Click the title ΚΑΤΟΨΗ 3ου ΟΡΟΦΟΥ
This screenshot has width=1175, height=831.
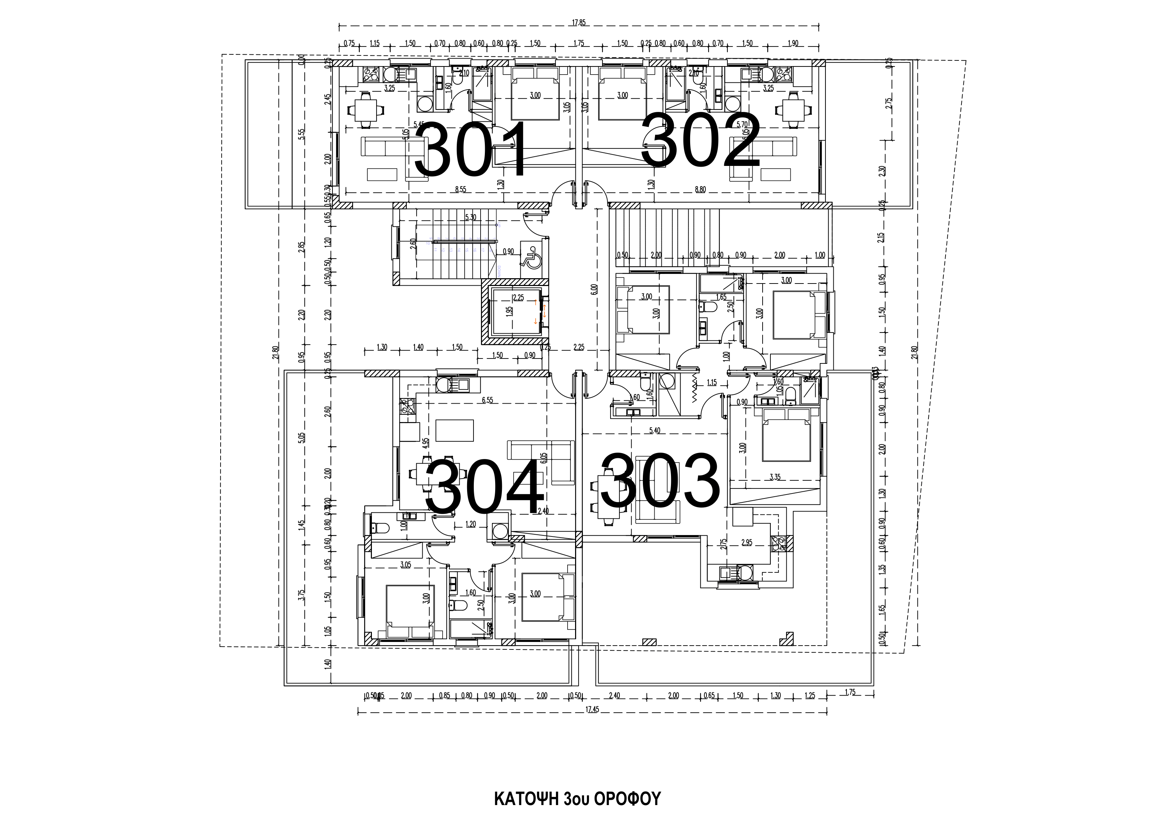click(577, 799)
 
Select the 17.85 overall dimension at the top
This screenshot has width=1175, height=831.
click(579, 22)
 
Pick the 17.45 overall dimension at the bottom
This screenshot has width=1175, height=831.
click(592, 709)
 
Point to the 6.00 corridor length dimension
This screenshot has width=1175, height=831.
click(594, 289)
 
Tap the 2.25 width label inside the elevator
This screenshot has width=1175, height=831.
click(518, 297)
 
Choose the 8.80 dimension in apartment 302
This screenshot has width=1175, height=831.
click(700, 189)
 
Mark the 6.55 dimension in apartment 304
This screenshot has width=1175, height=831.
click(487, 400)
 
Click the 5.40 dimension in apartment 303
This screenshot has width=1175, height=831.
click(655, 431)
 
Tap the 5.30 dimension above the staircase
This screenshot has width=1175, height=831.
click(470, 217)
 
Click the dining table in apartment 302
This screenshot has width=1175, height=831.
click(793, 109)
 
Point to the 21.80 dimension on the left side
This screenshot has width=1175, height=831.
click(276, 353)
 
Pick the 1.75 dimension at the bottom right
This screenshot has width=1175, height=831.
click(850, 692)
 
